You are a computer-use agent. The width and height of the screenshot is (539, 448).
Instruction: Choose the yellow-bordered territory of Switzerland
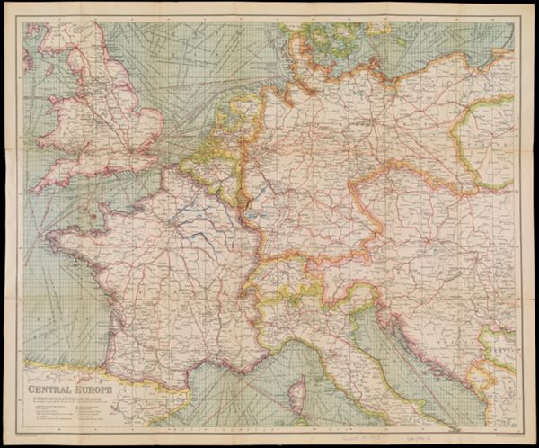tap(278, 275)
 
